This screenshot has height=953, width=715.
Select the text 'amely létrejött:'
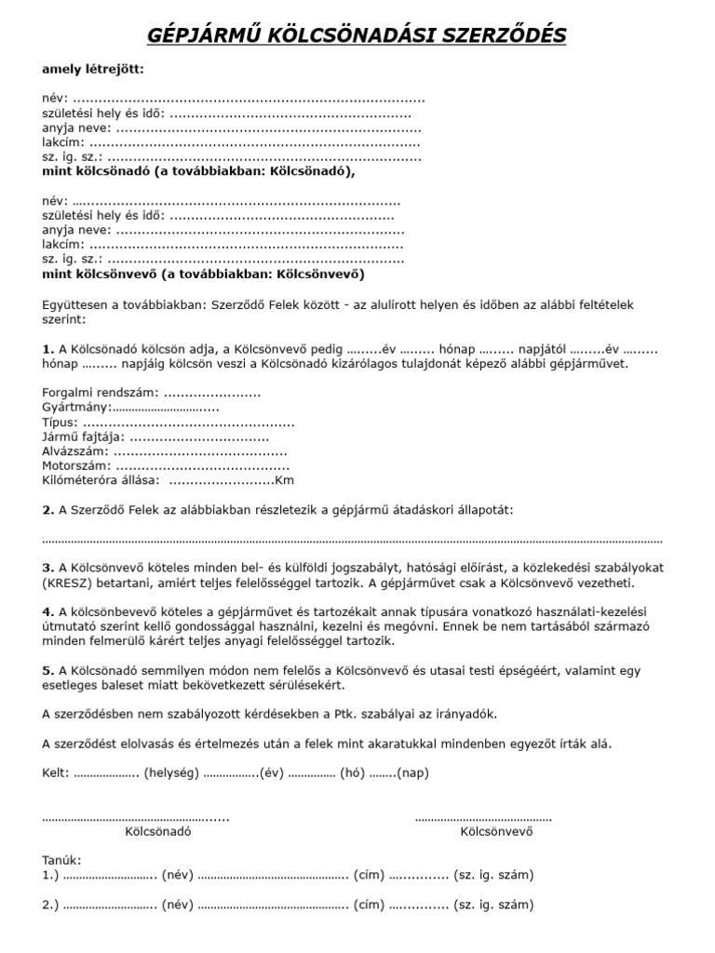pos(93,69)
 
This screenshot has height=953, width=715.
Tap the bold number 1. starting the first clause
pos(48,348)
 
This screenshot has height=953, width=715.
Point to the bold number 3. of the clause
pos(48,568)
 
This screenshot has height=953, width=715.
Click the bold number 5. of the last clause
pos(48,670)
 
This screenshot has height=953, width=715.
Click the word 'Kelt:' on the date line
pos(56,772)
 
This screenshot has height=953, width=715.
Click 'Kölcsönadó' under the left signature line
pos(158,832)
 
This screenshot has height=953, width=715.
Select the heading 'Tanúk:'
pos(62,861)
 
